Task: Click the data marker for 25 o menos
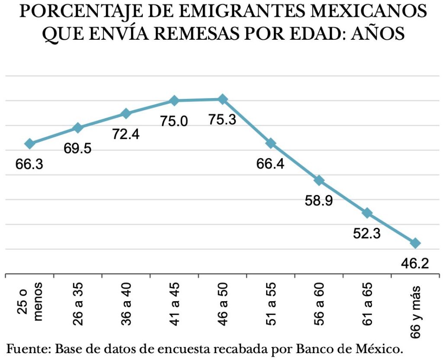(x=29, y=143)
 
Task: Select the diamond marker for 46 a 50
(x=222, y=99)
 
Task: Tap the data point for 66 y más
(x=415, y=243)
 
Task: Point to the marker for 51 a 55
(x=271, y=143)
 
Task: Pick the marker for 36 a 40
(x=126, y=114)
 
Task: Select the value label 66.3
(x=29, y=164)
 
